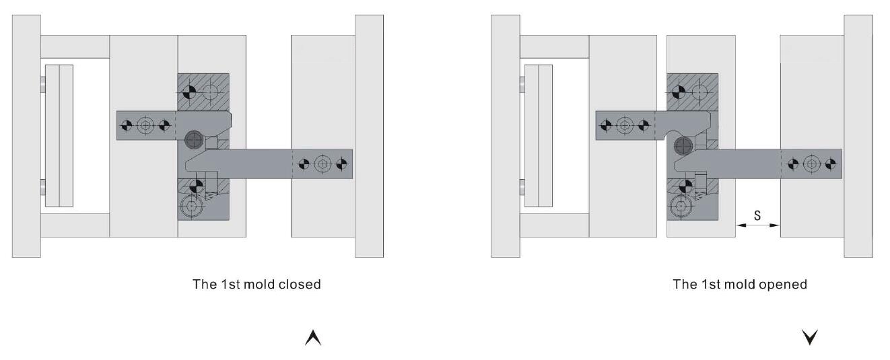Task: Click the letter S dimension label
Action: pos(757,215)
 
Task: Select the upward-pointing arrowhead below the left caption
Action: pos(313,338)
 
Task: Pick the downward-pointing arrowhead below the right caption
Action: pos(810,337)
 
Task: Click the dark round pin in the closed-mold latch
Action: pos(194,140)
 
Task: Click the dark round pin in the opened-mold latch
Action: pos(683,146)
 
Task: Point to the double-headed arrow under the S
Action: pos(757,225)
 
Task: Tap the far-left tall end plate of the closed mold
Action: pos(26,136)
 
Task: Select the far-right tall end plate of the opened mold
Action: pos(858,136)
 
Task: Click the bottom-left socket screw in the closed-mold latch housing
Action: pos(191,207)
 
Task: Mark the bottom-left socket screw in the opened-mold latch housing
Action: pos(681,207)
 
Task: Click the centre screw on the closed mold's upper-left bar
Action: pos(145,125)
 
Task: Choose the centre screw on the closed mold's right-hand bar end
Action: pos(322,164)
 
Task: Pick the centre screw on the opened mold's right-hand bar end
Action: pos(812,164)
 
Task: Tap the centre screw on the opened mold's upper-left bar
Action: pos(625,125)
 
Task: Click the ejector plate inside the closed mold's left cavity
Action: pos(59,136)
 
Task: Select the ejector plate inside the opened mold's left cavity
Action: pos(539,136)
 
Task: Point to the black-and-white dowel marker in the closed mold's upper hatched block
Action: pos(190,92)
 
